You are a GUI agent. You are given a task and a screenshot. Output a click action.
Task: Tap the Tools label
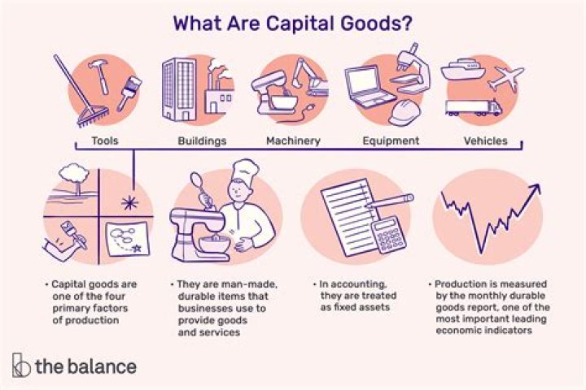coord(104,141)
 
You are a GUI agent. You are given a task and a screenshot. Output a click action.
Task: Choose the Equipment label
coord(391,141)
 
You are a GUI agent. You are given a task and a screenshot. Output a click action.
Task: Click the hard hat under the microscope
coord(404,113)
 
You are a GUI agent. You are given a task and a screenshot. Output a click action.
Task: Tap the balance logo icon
coord(22,365)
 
